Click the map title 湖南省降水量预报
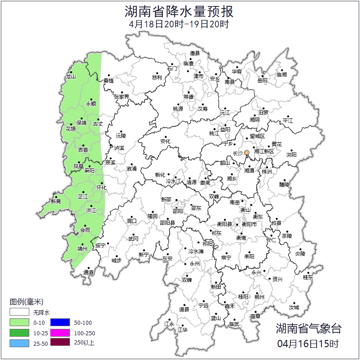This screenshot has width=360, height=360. (x=179, y=11)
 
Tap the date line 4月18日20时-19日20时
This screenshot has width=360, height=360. (x=179, y=24)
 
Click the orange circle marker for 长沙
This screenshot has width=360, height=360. (x=247, y=152)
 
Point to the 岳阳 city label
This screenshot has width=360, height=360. (x=262, y=81)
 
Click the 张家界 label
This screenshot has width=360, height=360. (x=121, y=97)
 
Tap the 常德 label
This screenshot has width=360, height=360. (x=188, y=97)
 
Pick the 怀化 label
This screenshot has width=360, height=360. (x=102, y=188)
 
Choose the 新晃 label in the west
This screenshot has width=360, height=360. (x=56, y=201)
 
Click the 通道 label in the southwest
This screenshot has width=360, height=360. (x=88, y=273)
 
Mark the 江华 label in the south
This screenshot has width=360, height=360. (x=183, y=329)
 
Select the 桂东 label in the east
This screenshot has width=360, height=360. (x=308, y=277)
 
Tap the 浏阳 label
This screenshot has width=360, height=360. (x=291, y=155)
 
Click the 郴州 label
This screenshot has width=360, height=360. (x=259, y=297)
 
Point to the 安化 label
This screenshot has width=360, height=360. (x=165, y=141)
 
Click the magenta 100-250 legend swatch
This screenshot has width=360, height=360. (x=60, y=333)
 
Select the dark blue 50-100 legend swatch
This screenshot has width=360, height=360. (x=60, y=322)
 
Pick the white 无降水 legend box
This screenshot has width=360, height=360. (x=20, y=312)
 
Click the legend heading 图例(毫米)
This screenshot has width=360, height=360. (x=26, y=302)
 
